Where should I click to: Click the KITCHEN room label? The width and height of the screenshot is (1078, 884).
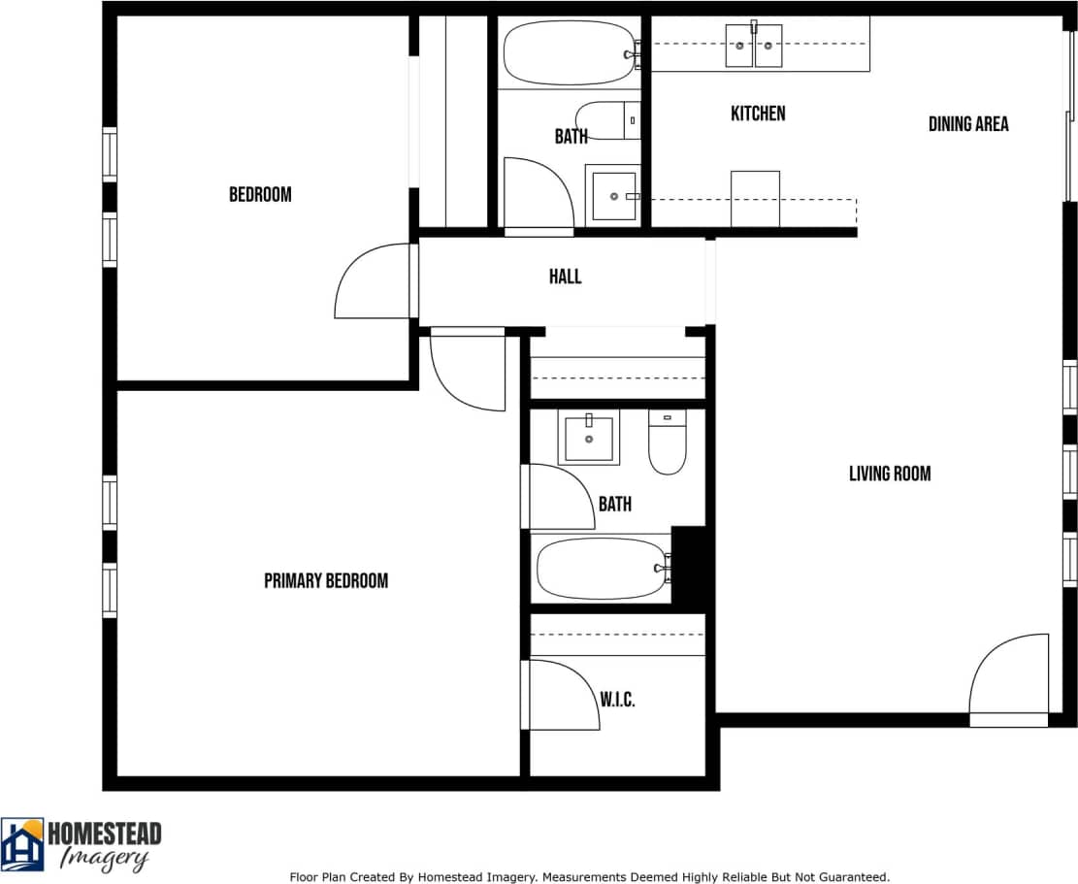pyautogui.click(x=758, y=114)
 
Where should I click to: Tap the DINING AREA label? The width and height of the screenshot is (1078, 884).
pyautogui.click(x=967, y=123)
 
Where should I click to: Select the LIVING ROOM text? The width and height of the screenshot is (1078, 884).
pyautogui.click(x=889, y=474)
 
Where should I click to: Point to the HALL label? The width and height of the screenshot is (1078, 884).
pyautogui.click(x=565, y=277)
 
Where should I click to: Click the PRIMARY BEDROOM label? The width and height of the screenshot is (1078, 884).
pyautogui.click(x=326, y=580)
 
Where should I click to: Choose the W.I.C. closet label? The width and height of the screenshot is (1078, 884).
pyautogui.click(x=617, y=700)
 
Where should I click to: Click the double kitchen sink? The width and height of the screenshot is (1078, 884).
pyautogui.click(x=754, y=46)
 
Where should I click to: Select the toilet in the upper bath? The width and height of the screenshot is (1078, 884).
pyautogui.click(x=607, y=120)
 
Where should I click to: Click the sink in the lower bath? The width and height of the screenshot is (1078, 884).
pyautogui.click(x=589, y=438)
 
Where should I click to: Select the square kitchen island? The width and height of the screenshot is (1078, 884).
pyautogui.click(x=754, y=198)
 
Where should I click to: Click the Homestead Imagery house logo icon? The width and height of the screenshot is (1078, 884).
pyautogui.click(x=22, y=844)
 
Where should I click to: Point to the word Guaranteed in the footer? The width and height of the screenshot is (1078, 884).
pyautogui.click(x=854, y=876)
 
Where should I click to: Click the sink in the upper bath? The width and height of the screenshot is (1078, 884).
pyautogui.click(x=613, y=195)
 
